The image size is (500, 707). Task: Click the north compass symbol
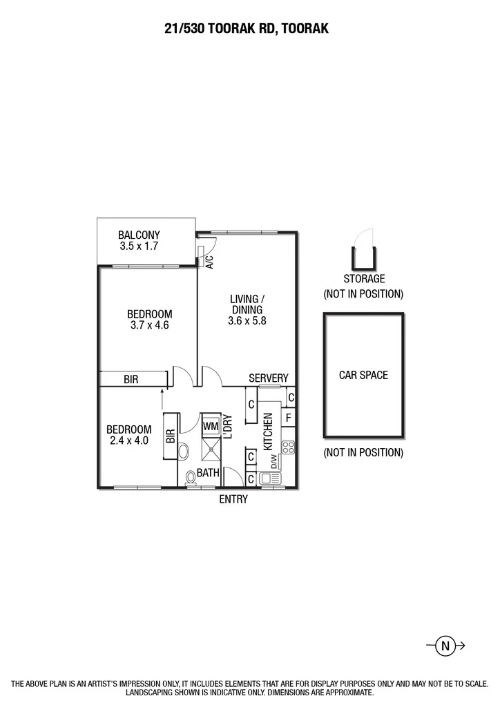click(x=445, y=646)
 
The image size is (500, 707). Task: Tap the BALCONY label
click(x=139, y=235)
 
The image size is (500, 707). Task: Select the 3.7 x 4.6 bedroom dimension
click(x=150, y=325)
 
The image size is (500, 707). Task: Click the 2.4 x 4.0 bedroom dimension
click(x=129, y=440)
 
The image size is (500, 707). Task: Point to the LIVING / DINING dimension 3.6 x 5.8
click(x=247, y=320)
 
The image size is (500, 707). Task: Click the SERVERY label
click(x=268, y=378)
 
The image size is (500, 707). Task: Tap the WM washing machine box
click(x=211, y=426)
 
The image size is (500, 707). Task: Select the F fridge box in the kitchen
click(x=288, y=418)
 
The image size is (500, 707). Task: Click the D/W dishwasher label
click(x=274, y=462)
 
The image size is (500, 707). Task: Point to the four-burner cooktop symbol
click(x=288, y=447)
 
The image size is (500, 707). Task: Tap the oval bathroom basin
click(x=184, y=452)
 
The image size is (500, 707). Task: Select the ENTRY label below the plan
click(x=233, y=499)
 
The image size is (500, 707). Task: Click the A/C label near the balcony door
click(x=209, y=262)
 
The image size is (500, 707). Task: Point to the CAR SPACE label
click(x=363, y=375)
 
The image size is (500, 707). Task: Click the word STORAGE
click(x=364, y=279)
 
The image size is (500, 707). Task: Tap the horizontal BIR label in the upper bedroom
click(x=131, y=379)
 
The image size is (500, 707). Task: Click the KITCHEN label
click(x=268, y=432)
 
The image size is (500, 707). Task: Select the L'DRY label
click(x=228, y=427)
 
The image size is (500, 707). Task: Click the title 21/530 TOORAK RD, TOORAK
click(x=247, y=29)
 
